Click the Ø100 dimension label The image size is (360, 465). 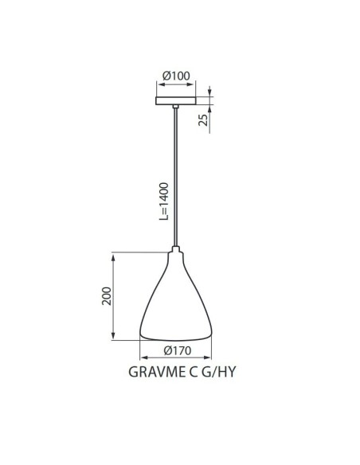(x=176, y=76)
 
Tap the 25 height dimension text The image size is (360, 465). (x=204, y=119)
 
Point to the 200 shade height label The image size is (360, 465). (x=106, y=295)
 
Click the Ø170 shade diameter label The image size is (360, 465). (x=176, y=351)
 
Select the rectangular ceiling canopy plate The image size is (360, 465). (x=175, y=100)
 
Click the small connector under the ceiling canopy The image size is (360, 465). (x=175, y=107)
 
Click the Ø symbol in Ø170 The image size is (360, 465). (x=165, y=351)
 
